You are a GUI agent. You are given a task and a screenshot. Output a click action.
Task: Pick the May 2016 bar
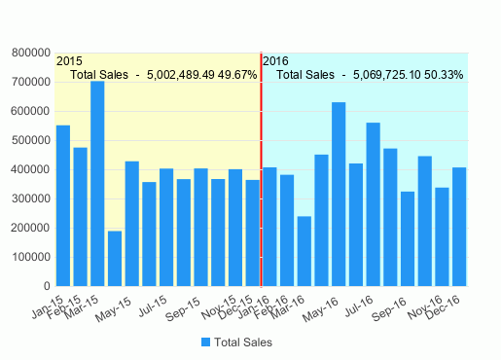pyautogui.click(x=339, y=194)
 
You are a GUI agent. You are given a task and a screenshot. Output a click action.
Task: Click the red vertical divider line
pyautogui.click(x=261, y=165)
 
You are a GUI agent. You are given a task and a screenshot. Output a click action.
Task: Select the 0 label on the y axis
pyautogui.click(x=46, y=286)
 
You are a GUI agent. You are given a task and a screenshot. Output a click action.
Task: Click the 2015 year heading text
pyautogui.click(x=69, y=61)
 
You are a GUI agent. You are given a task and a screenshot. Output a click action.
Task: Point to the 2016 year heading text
pyautogui.click(x=275, y=61)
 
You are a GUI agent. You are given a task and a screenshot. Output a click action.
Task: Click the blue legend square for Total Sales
pyautogui.click(x=206, y=342)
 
